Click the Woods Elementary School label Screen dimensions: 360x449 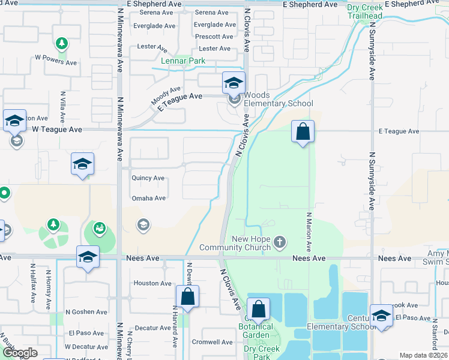(278, 99)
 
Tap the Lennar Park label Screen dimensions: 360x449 (183, 61)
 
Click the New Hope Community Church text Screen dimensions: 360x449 (240, 244)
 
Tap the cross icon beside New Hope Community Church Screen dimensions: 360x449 (279, 242)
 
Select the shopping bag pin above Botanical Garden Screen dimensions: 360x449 (258, 310)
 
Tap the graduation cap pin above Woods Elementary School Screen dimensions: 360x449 (234, 83)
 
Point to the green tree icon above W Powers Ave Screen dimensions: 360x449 (61, 43)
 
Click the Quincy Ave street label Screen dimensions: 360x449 (148, 178)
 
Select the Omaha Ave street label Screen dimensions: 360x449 (148, 198)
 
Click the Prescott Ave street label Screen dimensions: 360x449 (214, 37)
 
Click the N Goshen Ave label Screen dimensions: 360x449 (85, 312)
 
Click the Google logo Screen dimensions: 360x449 (20, 353)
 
